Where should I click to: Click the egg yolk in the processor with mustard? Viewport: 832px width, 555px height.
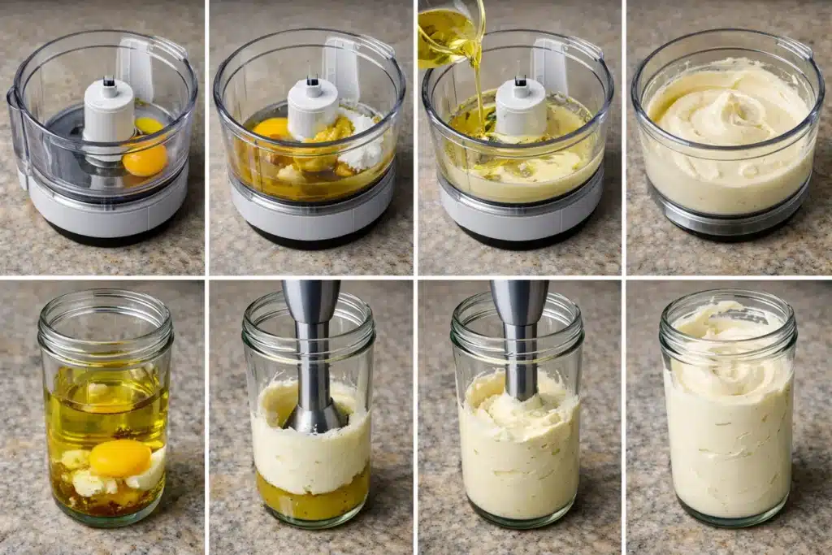click(x=271, y=128)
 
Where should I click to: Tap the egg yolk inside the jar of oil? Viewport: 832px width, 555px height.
click(x=119, y=458)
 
